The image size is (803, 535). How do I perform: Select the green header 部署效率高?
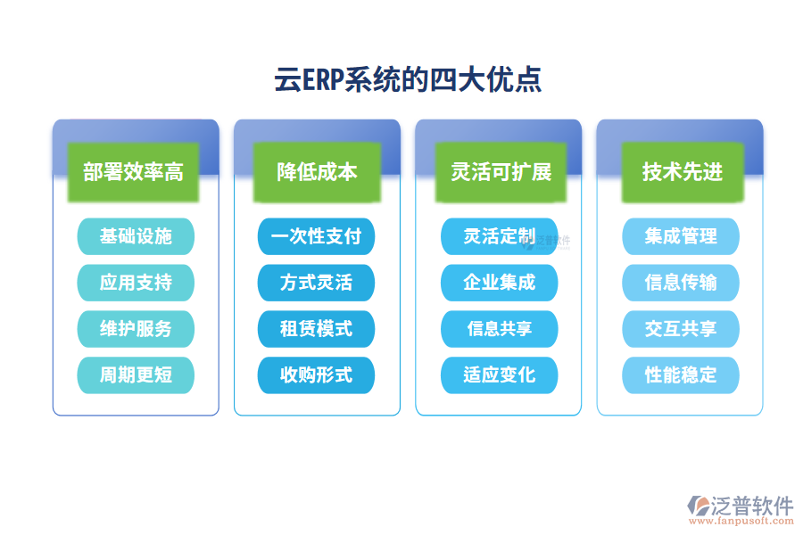pos(133,171)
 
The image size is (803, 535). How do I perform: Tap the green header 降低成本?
pos(317,171)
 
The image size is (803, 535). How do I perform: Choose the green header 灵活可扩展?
pos(499,171)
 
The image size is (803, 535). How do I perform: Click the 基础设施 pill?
pos(136,236)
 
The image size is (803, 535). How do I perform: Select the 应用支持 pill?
pos(136,283)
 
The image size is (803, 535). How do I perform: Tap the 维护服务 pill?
pos(136,329)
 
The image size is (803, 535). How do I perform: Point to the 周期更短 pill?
pos(136,375)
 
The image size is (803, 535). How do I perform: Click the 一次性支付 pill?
pos(316,236)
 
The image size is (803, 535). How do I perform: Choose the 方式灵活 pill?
pos(316,283)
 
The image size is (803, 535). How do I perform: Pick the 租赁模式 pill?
pos(316,329)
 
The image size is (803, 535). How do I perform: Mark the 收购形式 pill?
pos(316,375)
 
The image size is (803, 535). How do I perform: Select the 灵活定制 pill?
pos(499,236)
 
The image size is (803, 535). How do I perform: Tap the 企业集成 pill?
pos(499,283)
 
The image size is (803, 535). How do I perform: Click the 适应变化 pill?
pos(499,375)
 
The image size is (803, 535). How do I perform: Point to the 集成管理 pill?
pos(681,236)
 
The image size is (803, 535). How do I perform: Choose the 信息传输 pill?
pos(681,283)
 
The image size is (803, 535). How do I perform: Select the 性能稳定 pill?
pos(681,375)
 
